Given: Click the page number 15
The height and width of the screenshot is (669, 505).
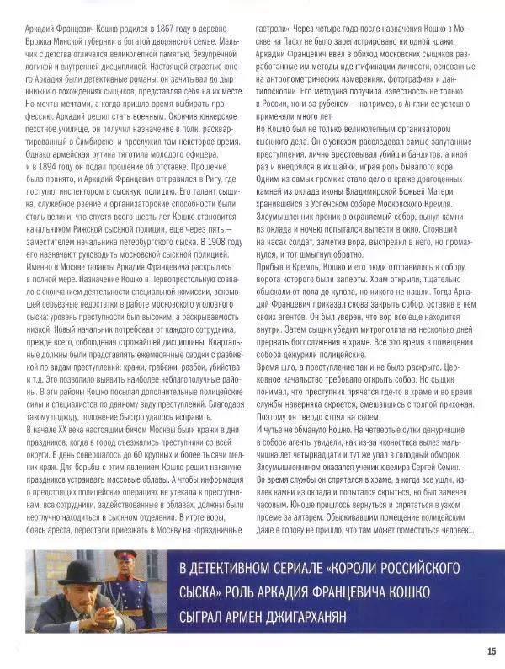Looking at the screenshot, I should [x=490, y=650].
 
